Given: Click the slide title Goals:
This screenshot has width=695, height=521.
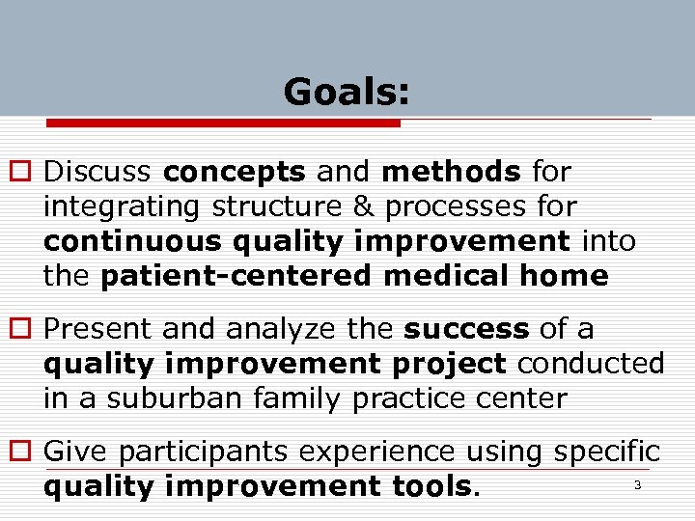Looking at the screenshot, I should click(347, 93).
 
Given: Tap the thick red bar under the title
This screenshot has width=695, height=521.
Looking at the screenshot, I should click(224, 123).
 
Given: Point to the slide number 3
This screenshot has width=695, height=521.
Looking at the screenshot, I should click(637, 485).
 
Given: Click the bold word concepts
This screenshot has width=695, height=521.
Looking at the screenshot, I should click(235, 173).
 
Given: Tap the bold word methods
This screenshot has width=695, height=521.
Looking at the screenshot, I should click(451, 173).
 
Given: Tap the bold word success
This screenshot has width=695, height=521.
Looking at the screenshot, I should click(466, 330).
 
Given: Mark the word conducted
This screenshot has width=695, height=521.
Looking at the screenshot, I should click(591, 364).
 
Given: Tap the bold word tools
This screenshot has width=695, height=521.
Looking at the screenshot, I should click(426, 486).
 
